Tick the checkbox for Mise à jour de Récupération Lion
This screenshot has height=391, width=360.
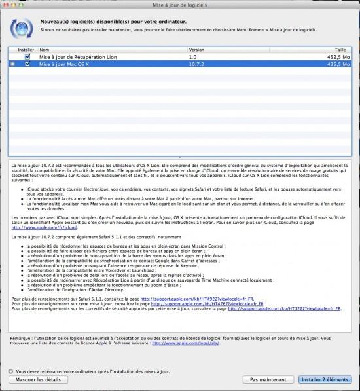tap(27, 57)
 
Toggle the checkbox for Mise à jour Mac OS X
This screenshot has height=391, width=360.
tap(27, 64)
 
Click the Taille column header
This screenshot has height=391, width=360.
tap(340, 49)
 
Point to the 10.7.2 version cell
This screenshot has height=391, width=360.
tap(197, 64)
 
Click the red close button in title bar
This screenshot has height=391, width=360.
tap(7, 5)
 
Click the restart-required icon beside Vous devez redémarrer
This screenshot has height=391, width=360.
tap(10, 370)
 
